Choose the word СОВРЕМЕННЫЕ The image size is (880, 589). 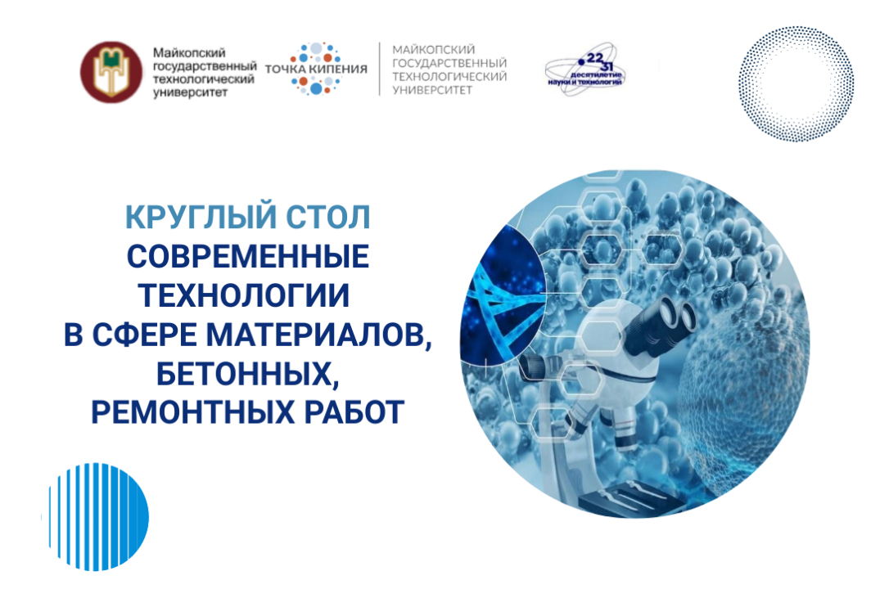tap(248, 258)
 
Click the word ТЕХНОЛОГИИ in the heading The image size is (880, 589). tap(248, 297)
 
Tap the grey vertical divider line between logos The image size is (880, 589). tap(379, 70)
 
